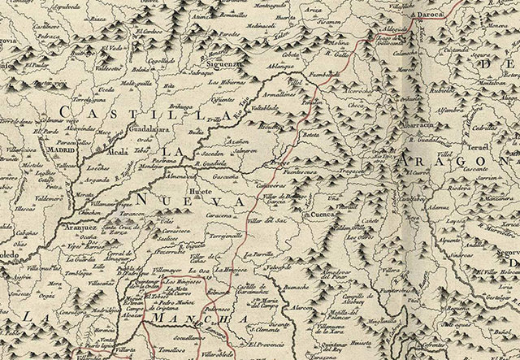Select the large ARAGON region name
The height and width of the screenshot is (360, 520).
point(451,165)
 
